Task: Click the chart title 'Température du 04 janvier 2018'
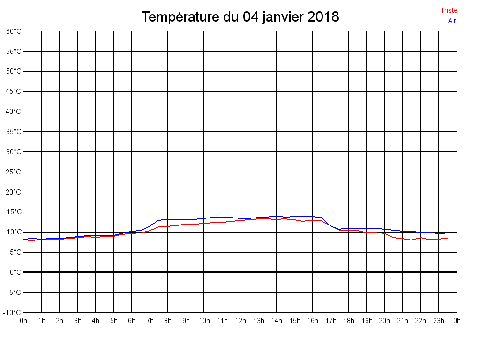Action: [240, 17]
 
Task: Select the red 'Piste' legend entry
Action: [449, 10]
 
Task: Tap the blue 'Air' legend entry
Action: [452, 20]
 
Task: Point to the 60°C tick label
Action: [14, 31]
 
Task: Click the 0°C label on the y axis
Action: [15, 272]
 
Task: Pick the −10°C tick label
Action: [13, 313]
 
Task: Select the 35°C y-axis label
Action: [14, 132]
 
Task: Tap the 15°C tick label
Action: [14, 212]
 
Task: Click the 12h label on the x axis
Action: [240, 321]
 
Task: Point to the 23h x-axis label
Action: [439, 321]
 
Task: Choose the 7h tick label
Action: [150, 321]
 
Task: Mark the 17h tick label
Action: [330, 321]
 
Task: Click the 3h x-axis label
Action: [77, 321]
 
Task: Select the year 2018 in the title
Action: [323, 17]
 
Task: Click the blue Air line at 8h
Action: [168, 219]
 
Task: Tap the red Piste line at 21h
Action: [403, 239]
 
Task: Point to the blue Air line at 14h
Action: [276, 216]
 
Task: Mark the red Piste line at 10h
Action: [204, 223]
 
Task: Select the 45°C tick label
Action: [14, 91]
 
